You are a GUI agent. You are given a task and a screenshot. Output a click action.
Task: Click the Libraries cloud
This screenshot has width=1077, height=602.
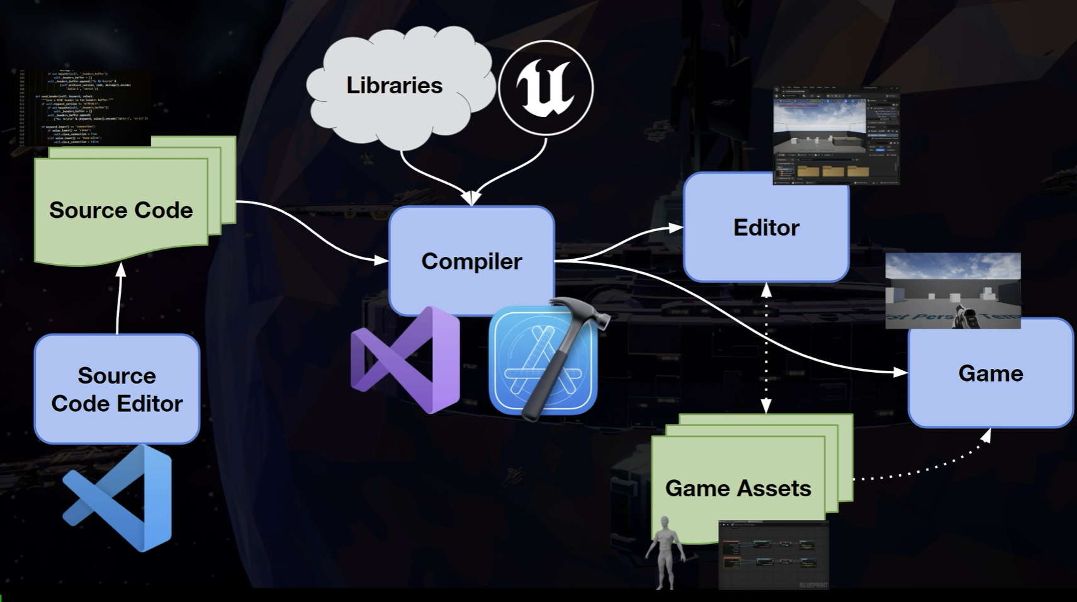(395, 86)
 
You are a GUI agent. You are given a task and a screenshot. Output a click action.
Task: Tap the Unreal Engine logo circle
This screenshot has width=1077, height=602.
(546, 88)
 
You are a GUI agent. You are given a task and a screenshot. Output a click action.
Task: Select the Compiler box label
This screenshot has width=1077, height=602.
(471, 261)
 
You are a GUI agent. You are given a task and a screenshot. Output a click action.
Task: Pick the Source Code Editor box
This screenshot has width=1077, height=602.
(117, 389)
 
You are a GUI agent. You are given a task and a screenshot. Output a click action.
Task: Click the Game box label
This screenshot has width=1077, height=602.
(990, 373)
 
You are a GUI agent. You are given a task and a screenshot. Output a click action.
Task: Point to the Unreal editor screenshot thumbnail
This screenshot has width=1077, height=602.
(836, 136)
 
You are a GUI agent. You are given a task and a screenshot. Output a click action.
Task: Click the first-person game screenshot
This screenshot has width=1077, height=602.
(952, 290)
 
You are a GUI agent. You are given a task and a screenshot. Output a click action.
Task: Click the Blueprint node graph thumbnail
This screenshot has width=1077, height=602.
(774, 555)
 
